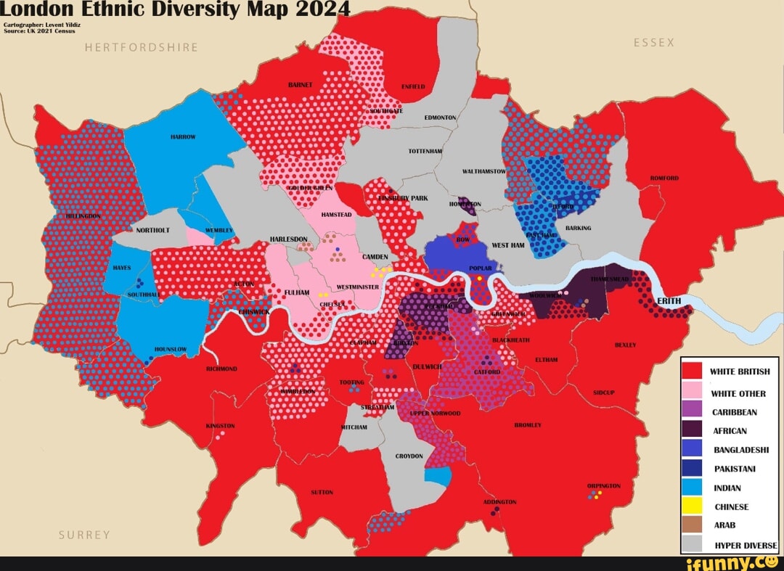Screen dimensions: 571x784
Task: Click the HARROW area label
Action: point(182,136)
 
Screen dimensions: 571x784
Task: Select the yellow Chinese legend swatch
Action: point(693,506)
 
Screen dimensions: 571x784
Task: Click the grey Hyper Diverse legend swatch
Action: point(693,544)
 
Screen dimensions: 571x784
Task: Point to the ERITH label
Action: point(669,300)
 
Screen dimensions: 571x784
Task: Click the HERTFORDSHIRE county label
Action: point(141,48)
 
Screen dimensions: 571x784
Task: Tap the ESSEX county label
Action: point(653,43)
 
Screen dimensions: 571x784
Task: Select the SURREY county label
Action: point(85,535)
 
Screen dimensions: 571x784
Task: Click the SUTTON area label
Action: point(322,492)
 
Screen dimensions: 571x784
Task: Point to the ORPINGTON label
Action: point(603,485)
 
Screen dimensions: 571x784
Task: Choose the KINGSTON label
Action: point(220,425)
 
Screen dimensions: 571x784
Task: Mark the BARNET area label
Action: point(300,85)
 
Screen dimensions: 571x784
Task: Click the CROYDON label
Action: point(409,456)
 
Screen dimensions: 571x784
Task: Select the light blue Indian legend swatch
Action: point(693,488)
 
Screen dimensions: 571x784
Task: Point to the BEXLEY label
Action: point(625,345)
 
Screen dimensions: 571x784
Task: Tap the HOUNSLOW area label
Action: point(171,349)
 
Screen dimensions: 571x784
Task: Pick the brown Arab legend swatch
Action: point(693,525)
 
